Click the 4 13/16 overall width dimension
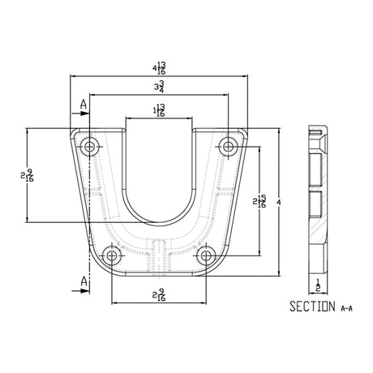click(x=159, y=68)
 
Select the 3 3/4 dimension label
click(x=159, y=87)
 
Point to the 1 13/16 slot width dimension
click(x=159, y=110)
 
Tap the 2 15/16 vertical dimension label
click(x=259, y=201)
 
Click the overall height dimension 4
click(x=279, y=202)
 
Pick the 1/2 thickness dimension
click(x=318, y=286)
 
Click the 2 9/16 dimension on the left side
click(x=28, y=175)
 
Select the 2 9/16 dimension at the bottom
click(x=159, y=294)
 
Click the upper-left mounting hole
click(x=89, y=147)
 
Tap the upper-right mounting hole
click(x=228, y=147)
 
